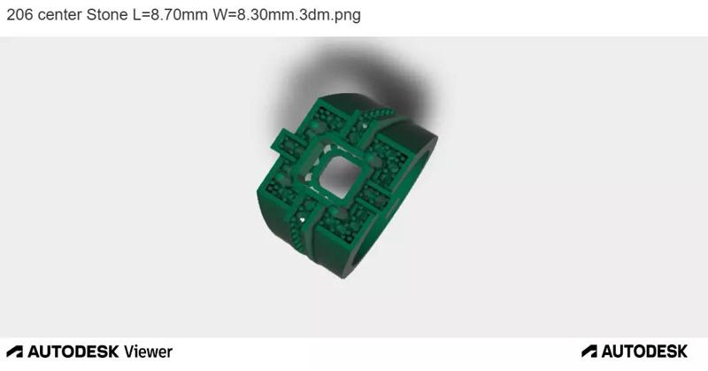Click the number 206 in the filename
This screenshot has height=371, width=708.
click(x=19, y=15)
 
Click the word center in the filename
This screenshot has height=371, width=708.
click(x=59, y=15)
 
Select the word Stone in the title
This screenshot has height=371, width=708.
click(x=107, y=15)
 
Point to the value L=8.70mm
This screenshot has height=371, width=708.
click(x=170, y=15)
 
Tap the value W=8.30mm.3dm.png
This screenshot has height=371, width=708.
click(x=287, y=15)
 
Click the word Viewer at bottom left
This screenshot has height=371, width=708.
click(x=148, y=352)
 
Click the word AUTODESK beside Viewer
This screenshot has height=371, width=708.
click(x=73, y=352)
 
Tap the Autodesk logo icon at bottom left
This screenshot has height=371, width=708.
click(x=14, y=352)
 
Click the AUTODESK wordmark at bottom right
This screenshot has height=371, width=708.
click(x=644, y=352)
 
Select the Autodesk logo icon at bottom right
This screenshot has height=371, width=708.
click(x=589, y=352)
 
